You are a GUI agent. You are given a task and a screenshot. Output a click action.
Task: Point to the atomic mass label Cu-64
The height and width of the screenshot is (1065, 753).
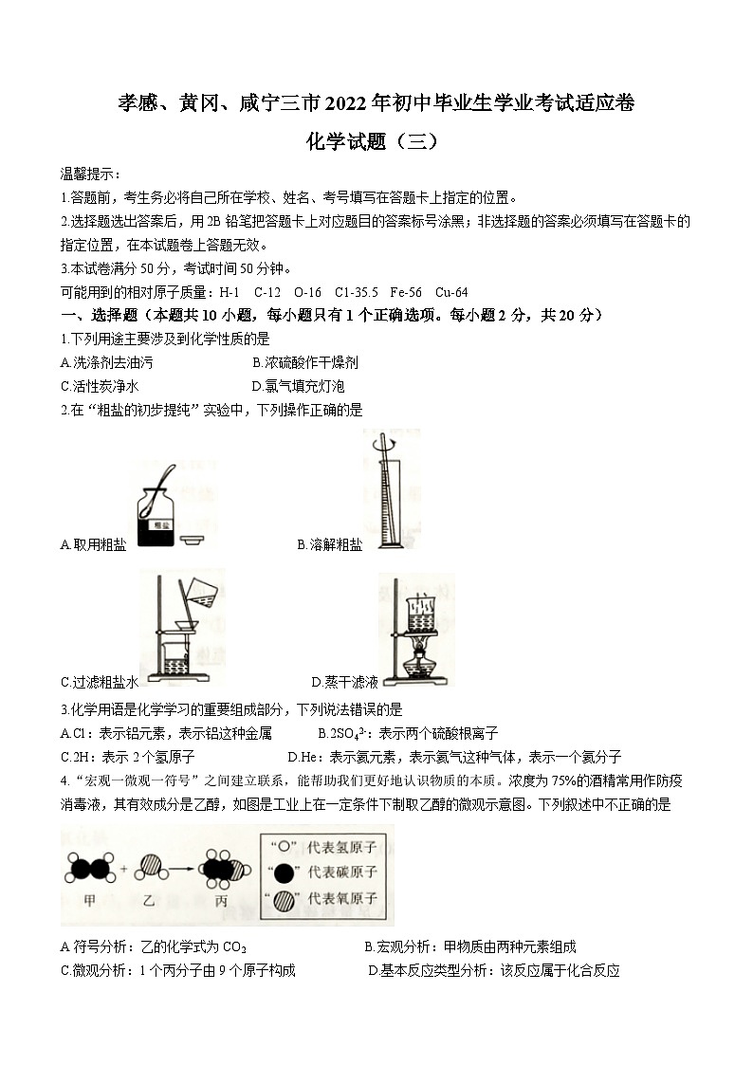point(451,292)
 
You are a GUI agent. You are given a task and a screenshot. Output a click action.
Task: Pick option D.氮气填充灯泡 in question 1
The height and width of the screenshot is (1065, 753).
point(299,386)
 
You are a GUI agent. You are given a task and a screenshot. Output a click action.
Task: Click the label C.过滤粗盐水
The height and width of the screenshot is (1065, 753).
point(100,682)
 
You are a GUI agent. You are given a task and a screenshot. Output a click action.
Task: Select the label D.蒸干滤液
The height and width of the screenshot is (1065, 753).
point(345,682)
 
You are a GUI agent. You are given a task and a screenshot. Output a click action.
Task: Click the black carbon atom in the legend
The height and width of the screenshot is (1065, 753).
point(282,872)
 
